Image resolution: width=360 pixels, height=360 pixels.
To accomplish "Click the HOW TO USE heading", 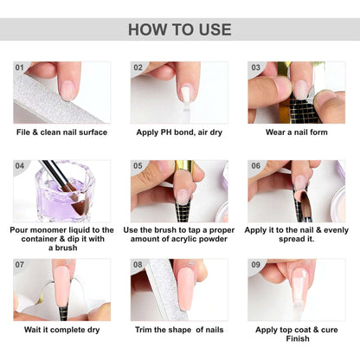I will click(x=180, y=29).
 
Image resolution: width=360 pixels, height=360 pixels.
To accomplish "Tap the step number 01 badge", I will click(x=21, y=67).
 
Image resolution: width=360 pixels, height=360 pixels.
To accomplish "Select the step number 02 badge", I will click(x=138, y=67).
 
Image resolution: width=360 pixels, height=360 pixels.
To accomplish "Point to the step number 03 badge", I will click(x=256, y=67).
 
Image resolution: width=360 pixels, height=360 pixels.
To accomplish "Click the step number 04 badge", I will click(x=21, y=165).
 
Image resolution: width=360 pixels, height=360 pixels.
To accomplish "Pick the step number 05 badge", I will click(x=138, y=165).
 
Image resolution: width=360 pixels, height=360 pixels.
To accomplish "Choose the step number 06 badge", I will click(x=256, y=165).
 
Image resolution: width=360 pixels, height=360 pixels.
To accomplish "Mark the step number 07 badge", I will click(x=21, y=264).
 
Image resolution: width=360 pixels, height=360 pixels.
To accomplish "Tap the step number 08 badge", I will click(x=138, y=264).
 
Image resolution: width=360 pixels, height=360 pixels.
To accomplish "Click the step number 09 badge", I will click(x=256, y=264).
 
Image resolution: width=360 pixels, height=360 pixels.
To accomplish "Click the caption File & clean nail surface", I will click(x=62, y=132).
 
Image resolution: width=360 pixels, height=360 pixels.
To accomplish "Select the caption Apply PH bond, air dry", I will click(x=180, y=132).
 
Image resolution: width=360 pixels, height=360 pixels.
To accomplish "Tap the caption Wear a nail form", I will click(x=297, y=132).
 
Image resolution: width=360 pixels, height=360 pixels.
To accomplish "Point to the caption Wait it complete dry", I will click(x=62, y=329).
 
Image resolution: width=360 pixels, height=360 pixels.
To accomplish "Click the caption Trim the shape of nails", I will click(x=180, y=329).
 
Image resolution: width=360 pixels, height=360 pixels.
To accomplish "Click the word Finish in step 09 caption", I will click(x=297, y=339).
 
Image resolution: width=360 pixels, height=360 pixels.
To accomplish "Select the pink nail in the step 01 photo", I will click(x=66, y=87).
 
